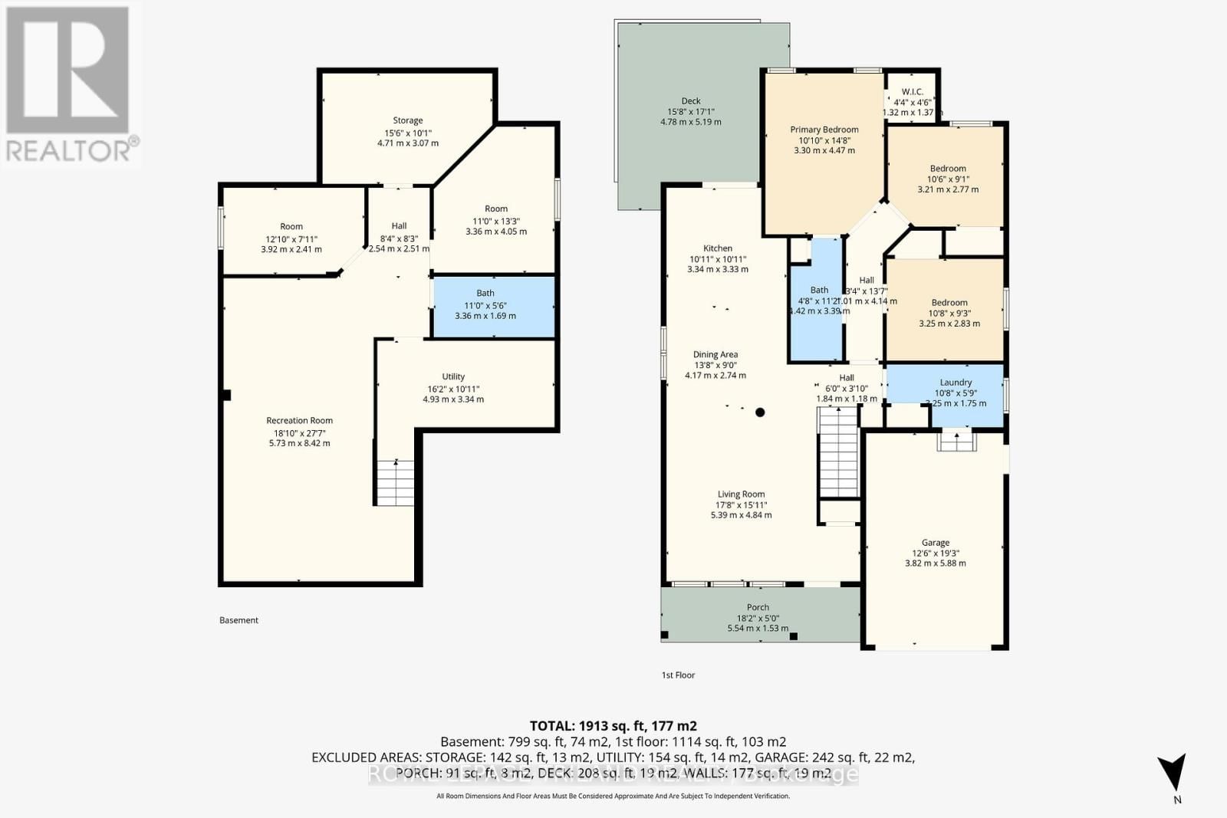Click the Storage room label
tap(407, 120)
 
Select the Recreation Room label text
tap(299, 420)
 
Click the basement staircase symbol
tap(395, 482)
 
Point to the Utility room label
tap(453, 376)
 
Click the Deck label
tap(691, 101)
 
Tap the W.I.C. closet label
tap(912, 92)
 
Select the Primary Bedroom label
tap(824, 130)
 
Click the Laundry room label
tap(956, 383)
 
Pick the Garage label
tap(936, 542)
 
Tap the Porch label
tap(758, 607)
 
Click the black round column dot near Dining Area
tap(760, 412)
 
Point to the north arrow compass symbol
tap(1173, 772)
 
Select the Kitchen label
tap(718, 248)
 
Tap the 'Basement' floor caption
tap(238, 620)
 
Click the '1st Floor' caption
tap(678, 675)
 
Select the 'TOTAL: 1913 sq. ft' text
tap(613, 725)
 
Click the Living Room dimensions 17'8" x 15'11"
tap(741, 505)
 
